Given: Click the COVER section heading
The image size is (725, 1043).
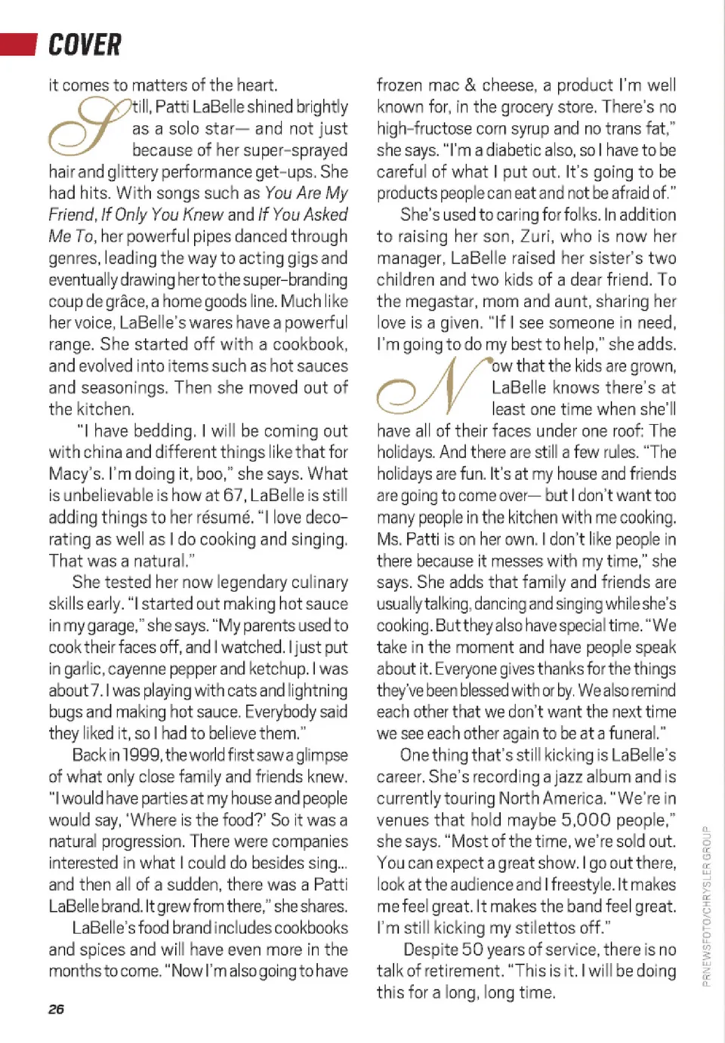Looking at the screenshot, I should [85, 45].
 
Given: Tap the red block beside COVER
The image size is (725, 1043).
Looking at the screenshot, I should [18, 45].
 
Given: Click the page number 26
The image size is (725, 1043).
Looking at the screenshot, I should [57, 1009].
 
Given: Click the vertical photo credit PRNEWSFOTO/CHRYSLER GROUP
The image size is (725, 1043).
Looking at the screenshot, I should [706, 906].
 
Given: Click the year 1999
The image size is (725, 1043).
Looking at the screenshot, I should [141, 755].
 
